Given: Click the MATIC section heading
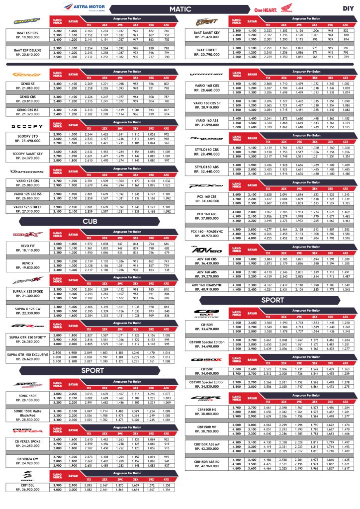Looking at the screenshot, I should click(180, 8).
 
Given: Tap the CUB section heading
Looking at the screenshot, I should click(90, 221).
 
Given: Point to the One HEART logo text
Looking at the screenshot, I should click(266, 9).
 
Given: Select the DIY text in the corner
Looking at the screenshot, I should click(348, 8).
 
